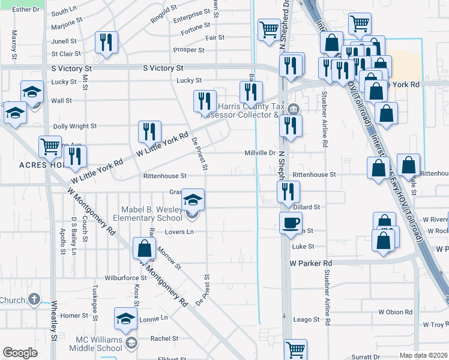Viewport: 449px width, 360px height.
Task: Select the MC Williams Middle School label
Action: point(95,343)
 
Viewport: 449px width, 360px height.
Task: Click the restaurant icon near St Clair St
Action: point(106,42)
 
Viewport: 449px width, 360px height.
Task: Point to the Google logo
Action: point(20,353)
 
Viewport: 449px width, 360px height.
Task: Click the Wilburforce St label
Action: point(126,278)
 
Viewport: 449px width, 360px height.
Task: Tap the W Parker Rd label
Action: point(310,263)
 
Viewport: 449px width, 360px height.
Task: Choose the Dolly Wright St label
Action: point(75,127)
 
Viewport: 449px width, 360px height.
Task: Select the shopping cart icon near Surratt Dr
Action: point(295,349)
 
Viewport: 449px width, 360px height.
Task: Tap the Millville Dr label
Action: point(259,153)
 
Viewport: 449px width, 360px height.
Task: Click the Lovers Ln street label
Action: point(181,232)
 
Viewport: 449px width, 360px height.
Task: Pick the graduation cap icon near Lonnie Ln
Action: point(126,319)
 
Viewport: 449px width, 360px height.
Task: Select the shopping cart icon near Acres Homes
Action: point(50,146)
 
